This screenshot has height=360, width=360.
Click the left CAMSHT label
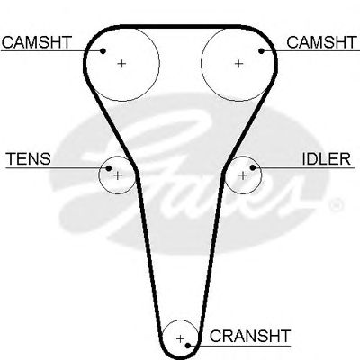click(37, 42)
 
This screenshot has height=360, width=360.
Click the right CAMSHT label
click(322, 42)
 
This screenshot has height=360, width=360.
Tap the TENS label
click(29, 158)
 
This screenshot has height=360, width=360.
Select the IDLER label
click(326, 158)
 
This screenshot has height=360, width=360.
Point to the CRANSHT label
click(250, 336)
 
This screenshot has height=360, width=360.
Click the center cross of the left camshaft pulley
click(121, 64)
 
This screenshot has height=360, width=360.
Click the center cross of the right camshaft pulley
click(238, 64)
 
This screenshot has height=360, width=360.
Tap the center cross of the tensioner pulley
click(118, 175)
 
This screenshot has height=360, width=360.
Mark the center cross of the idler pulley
click(242, 175)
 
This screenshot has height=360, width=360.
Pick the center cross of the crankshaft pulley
click(180, 339)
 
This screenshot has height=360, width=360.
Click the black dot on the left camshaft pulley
click(103, 51)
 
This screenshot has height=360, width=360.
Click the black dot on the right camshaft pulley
click(261, 51)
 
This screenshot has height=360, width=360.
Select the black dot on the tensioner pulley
click(109, 168)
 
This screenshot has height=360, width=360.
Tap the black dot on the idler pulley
click(253, 167)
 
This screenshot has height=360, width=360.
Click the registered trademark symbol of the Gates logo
click(336, 205)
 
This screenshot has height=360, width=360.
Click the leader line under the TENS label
click(58, 168)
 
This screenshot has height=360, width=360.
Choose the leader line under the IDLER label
click(303, 167)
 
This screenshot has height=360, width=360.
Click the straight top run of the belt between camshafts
click(180, 27)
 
